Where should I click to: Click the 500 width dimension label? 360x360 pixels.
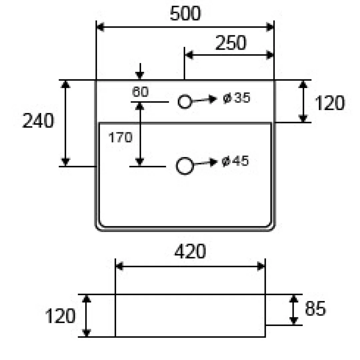185,14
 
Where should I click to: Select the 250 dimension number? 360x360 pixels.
231,43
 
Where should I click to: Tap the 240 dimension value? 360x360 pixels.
38,121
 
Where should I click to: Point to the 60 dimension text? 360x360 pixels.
140,92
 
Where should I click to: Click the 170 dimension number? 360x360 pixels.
120,137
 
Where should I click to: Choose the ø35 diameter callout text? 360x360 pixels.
236,98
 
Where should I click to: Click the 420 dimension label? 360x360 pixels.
190,251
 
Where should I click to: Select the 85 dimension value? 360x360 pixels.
315,309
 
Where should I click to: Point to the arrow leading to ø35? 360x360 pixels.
204,100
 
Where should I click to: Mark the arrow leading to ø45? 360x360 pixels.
206,163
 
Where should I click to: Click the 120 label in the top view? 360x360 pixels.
330,103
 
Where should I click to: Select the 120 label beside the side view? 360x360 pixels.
60,316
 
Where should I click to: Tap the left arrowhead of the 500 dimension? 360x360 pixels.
100,27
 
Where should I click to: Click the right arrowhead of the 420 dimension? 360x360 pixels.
261,266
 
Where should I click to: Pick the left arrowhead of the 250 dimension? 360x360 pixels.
189,55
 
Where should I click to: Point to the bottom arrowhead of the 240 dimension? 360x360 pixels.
66,162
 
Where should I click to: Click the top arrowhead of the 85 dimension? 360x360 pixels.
294,298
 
